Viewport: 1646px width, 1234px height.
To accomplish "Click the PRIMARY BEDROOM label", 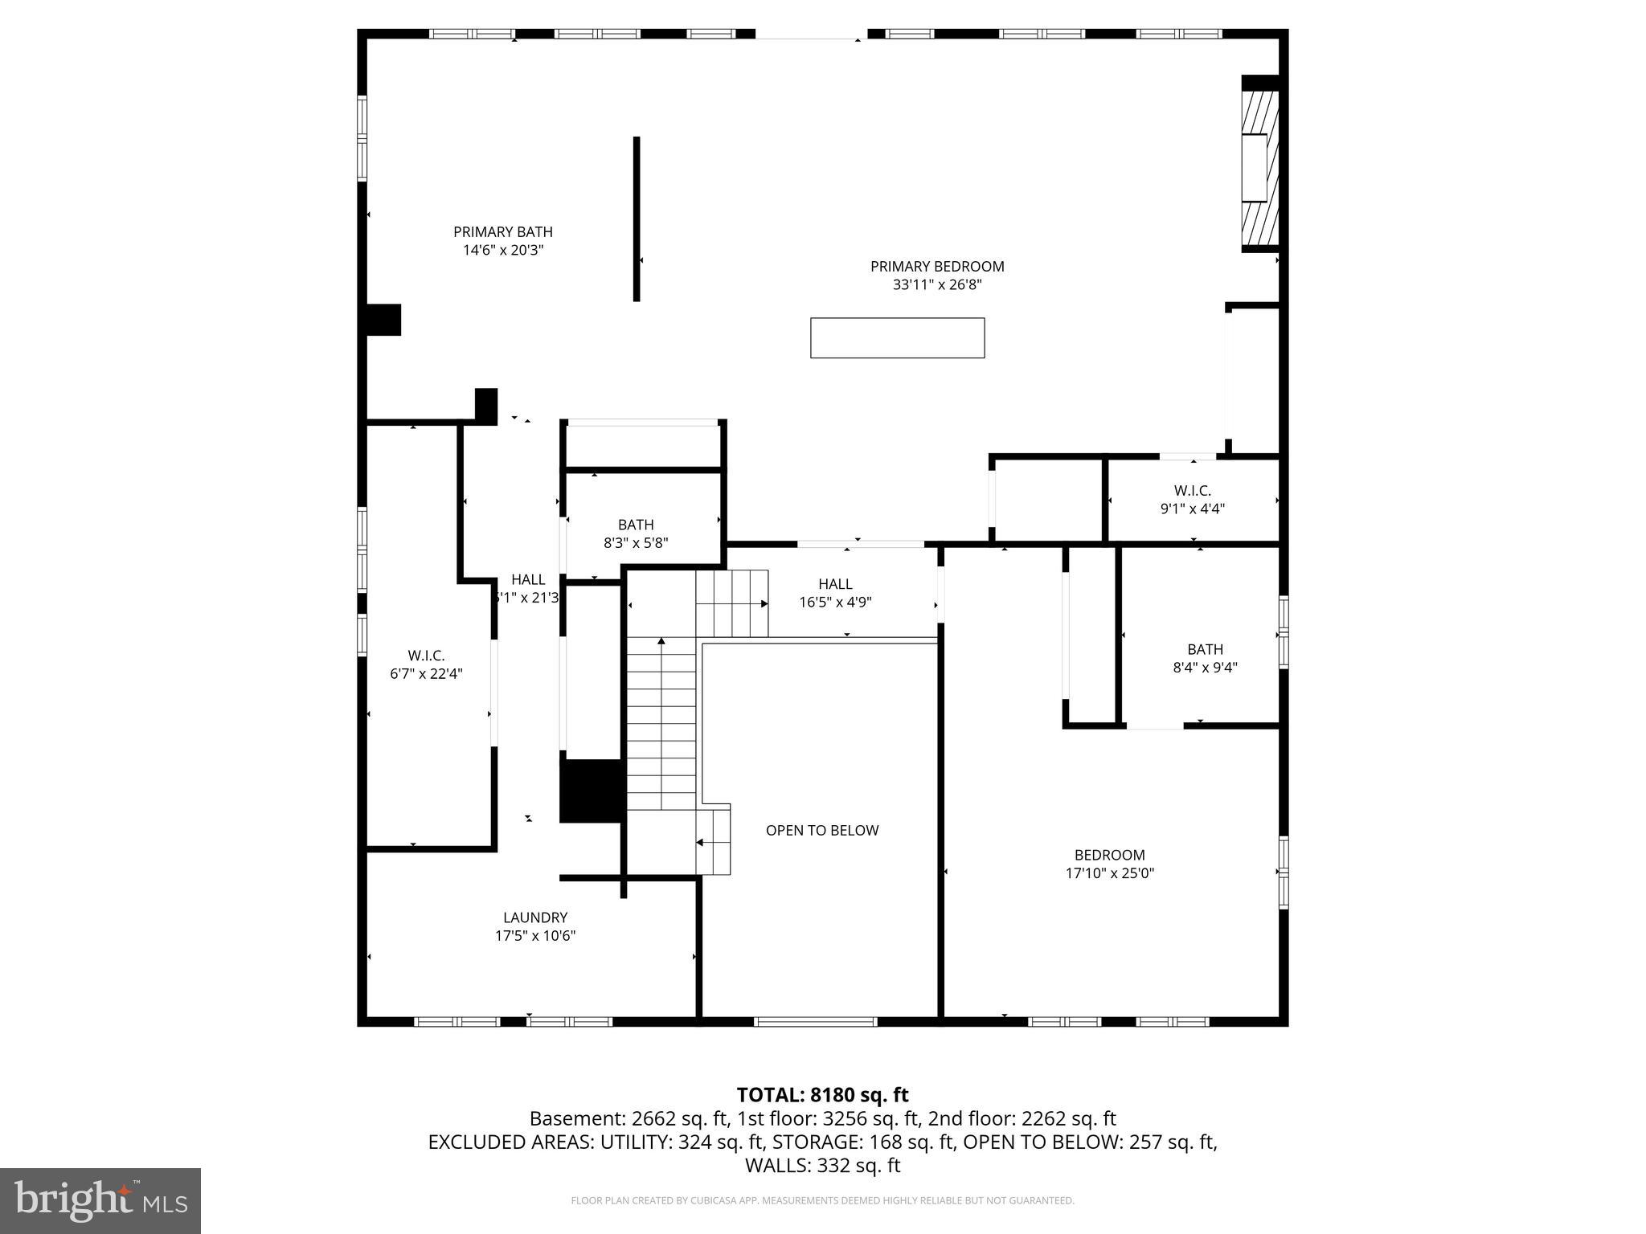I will (x=937, y=266).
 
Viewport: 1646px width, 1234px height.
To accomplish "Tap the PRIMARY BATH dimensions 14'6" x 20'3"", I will (x=503, y=250).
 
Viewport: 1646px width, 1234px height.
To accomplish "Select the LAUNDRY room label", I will (x=535, y=917).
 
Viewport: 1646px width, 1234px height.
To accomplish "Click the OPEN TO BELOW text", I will (x=821, y=831).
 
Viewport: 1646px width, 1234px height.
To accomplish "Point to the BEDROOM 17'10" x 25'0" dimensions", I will (x=1110, y=873).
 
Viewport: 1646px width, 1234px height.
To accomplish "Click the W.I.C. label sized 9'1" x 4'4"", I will (x=1193, y=490).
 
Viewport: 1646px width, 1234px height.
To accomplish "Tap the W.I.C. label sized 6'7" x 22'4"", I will (x=426, y=656).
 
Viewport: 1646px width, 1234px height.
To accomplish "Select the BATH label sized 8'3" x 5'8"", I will (x=636, y=525).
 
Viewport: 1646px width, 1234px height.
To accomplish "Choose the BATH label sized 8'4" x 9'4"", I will (x=1205, y=649).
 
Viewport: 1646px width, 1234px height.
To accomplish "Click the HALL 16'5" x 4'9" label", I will (x=835, y=584).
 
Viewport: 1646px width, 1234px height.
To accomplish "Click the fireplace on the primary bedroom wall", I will (x=1259, y=167).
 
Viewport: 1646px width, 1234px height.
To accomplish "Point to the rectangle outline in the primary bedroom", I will (x=897, y=337).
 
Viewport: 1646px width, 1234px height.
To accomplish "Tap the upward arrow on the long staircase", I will (x=661, y=642).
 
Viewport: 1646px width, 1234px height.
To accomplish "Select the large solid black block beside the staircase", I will (x=592, y=791).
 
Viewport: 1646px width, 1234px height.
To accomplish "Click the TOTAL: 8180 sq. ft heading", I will (x=822, y=1095).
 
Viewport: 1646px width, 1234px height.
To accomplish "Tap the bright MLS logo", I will (x=100, y=1201).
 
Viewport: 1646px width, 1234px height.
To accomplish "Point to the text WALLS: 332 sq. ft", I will (x=822, y=1165).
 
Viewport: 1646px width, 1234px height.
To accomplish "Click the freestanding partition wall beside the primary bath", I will (x=637, y=219).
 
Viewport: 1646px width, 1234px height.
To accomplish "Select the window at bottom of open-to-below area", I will (x=815, y=1022).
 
